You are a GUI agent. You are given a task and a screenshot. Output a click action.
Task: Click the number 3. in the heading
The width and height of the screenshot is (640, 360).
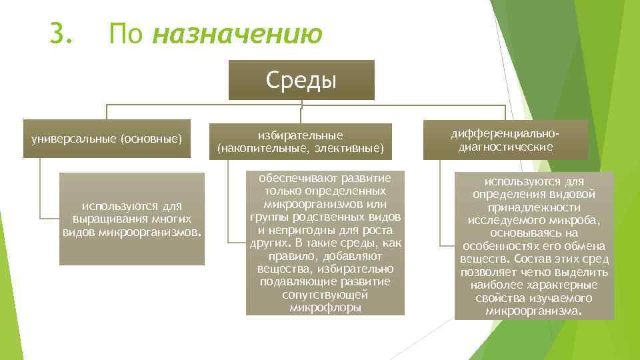(61, 33)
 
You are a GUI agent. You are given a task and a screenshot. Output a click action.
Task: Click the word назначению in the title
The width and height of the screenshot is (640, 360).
(237, 35)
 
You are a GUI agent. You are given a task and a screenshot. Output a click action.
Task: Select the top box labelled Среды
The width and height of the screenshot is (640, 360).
(301, 80)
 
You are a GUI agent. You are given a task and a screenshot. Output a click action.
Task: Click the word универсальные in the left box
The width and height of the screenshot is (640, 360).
(71, 139)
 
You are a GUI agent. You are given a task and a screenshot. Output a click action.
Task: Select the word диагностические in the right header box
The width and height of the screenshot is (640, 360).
(505, 146)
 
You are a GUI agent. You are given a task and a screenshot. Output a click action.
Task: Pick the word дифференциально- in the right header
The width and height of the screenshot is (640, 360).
(505, 133)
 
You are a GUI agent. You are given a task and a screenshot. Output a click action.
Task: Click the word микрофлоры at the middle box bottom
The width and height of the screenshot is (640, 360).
(325, 307)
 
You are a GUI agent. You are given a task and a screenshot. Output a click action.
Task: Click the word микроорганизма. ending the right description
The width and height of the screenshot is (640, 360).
(534, 311)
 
